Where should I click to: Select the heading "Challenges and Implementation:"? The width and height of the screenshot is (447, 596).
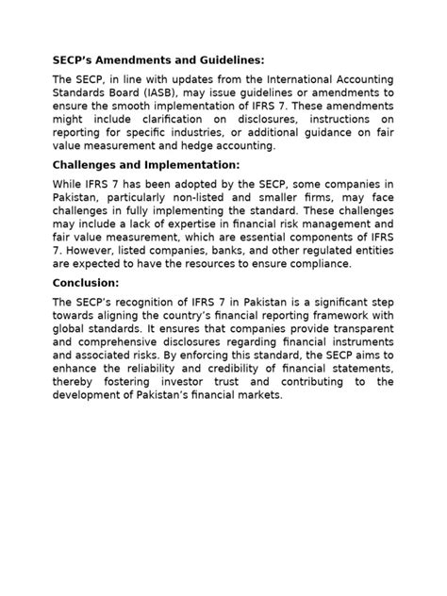click(146, 165)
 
